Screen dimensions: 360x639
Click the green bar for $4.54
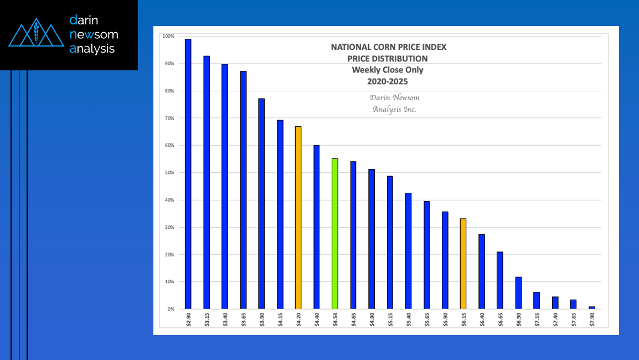coord(334,233)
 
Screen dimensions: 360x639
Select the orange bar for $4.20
coord(298,217)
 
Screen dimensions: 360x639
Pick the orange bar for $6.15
coord(463,263)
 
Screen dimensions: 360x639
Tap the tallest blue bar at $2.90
coord(188,173)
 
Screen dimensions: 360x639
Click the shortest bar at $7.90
coord(591,307)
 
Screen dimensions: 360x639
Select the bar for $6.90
coord(518,292)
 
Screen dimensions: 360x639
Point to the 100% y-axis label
coord(167,36)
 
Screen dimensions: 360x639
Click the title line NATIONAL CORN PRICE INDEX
coord(388,47)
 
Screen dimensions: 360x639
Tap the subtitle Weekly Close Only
coord(388,70)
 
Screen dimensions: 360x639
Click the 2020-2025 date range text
coord(388,81)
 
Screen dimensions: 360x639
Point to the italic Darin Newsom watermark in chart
coord(394,97)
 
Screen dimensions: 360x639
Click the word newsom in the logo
coord(94,34)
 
